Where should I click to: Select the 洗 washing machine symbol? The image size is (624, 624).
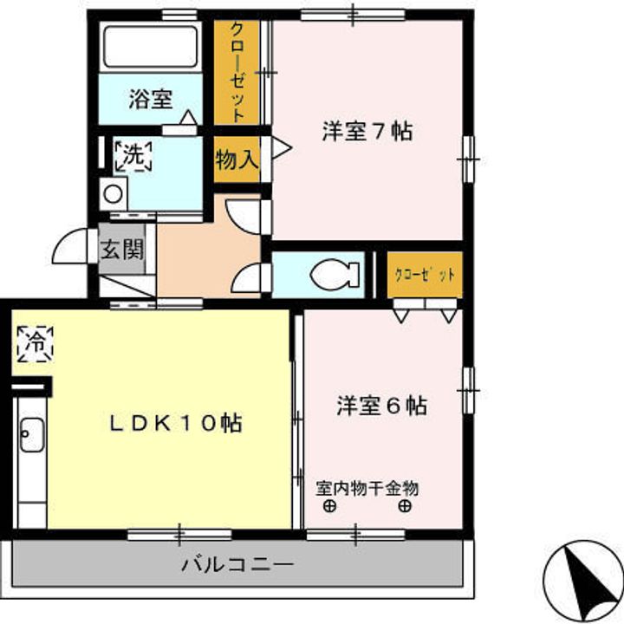tap(133, 156)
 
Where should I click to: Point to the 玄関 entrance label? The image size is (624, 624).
tap(121, 251)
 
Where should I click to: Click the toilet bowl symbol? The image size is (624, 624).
tap(335, 275)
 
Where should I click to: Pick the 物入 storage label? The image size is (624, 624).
tap(236, 159)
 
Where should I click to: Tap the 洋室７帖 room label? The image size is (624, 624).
tap(367, 132)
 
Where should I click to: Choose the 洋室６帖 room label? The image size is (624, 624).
tap(381, 406)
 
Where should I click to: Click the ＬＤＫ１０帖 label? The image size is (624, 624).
tap(174, 424)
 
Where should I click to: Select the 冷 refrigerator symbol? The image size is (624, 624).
tap(35, 342)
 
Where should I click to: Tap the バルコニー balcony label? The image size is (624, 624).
tap(237, 564)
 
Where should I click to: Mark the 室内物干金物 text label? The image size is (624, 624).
tap(367, 488)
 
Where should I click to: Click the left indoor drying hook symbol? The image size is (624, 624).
tap(328, 506)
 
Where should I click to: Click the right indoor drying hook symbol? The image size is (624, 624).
tap(404, 506)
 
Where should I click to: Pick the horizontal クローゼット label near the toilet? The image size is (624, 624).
tap(425, 275)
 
